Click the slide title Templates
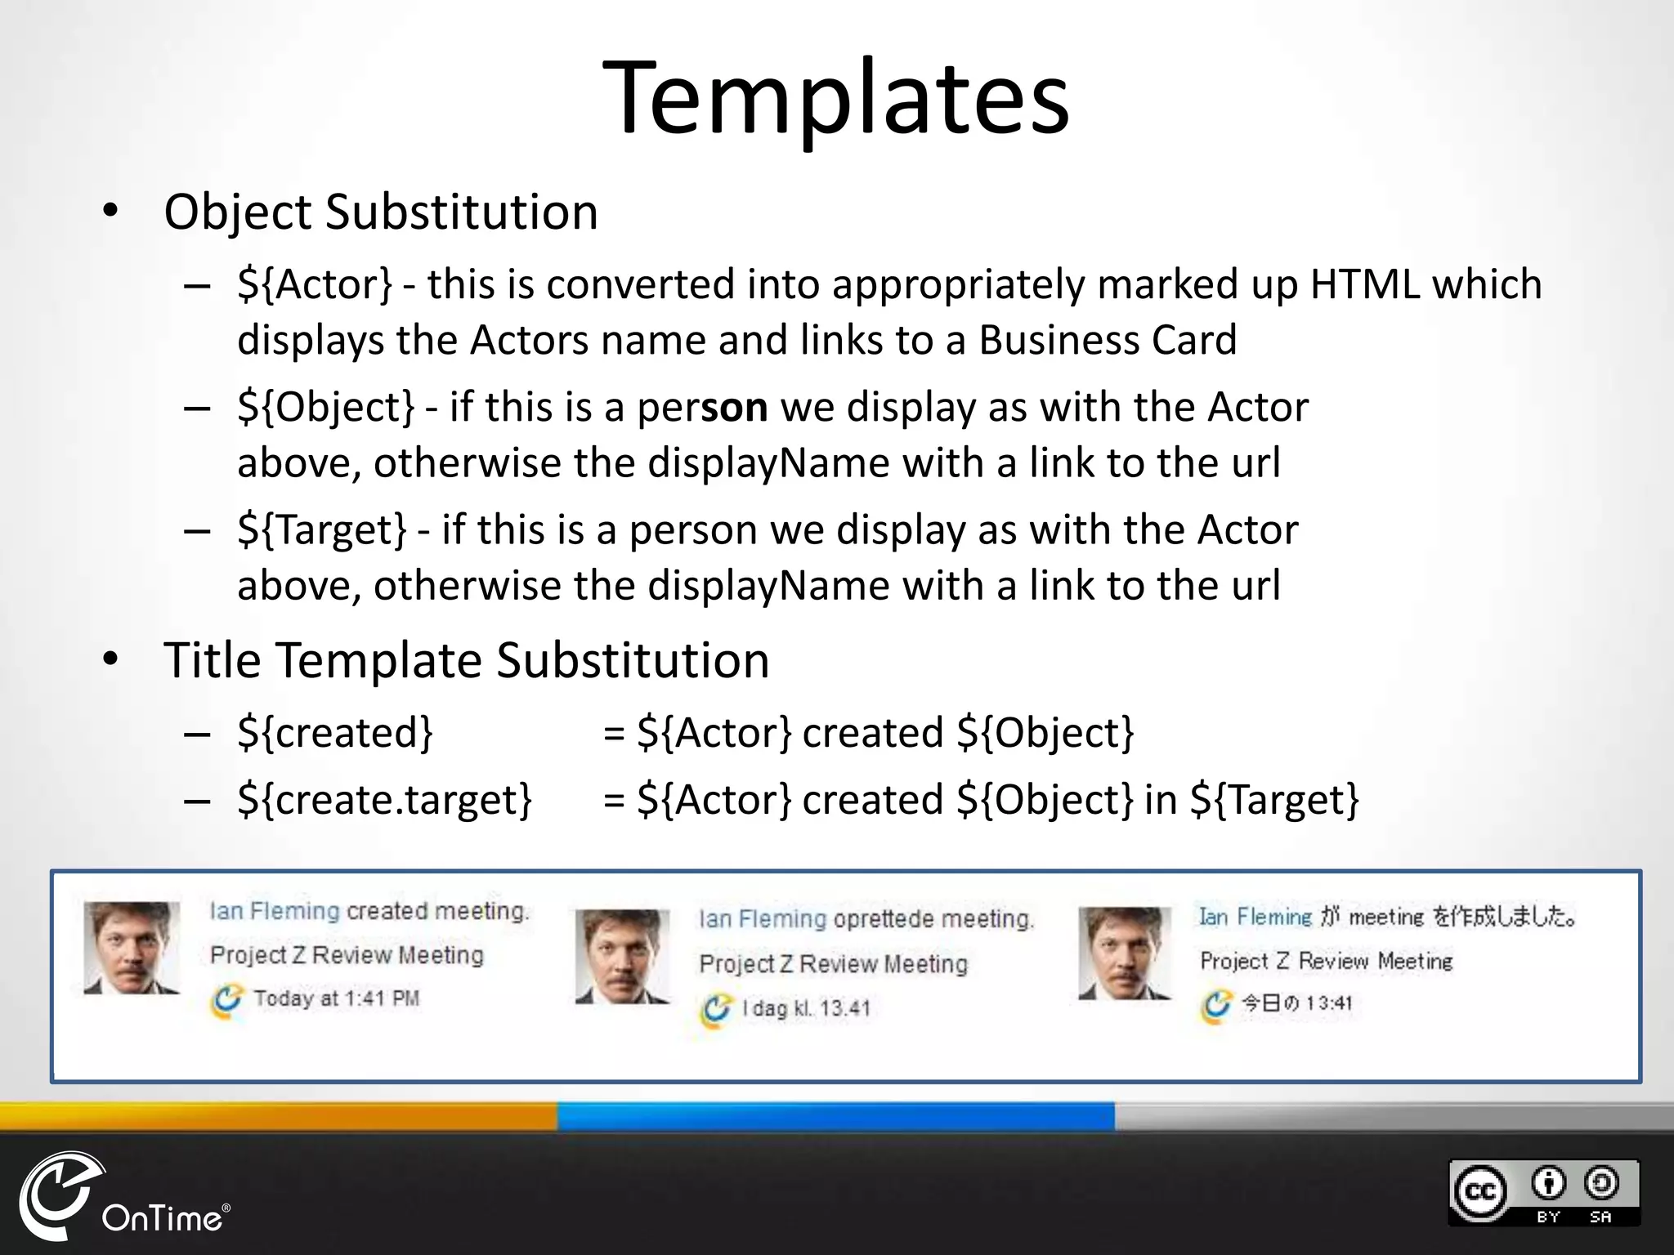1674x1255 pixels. (835, 98)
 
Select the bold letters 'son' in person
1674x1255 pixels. (733, 407)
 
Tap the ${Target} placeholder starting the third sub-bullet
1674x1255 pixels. (321, 530)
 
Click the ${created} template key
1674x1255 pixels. (334, 733)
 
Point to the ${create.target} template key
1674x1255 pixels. (384, 800)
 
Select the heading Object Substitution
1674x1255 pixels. (381, 212)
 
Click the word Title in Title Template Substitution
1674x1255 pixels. (213, 660)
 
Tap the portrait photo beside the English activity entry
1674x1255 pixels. (132, 948)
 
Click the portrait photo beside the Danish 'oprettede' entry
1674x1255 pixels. (623, 956)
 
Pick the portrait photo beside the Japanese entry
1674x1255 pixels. (1125, 953)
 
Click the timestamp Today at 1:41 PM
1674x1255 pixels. (336, 998)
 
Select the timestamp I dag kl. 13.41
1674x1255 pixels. (805, 1008)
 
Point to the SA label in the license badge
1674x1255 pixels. (1600, 1217)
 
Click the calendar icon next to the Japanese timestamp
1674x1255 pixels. (1216, 1004)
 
